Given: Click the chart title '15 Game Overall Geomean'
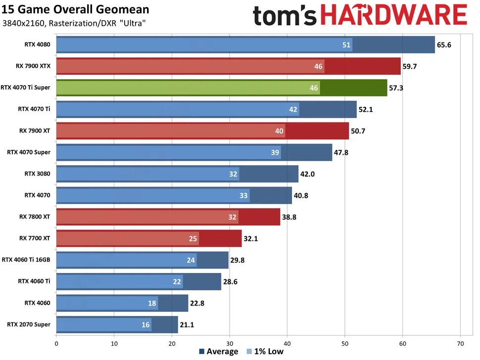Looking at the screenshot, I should click(x=75, y=9).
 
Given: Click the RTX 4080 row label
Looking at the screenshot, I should click(x=37, y=44).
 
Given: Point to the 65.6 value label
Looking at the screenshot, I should click(x=444, y=45).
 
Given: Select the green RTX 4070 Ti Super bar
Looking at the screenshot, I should click(x=221, y=88).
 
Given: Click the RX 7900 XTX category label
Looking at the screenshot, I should click(x=35, y=66).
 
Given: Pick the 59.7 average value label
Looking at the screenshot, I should click(x=410, y=66).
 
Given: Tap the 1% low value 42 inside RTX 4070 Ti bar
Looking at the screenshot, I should click(x=293, y=109).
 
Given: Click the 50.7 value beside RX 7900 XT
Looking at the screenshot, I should click(x=358, y=131).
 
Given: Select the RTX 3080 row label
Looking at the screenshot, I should click(x=37, y=174).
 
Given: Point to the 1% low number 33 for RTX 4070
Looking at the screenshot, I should click(x=243, y=195).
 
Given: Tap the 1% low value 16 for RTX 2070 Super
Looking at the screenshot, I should click(x=145, y=325).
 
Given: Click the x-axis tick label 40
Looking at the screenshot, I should click(x=287, y=343).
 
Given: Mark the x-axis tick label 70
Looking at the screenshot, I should click(x=460, y=343).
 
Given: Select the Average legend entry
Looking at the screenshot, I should click(x=218, y=352).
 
